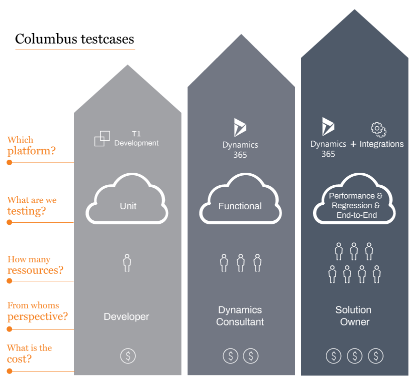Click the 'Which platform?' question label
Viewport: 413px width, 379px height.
pos(31,145)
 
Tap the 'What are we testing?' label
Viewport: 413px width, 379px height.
pos(32,205)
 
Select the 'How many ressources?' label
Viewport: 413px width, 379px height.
pos(35,265)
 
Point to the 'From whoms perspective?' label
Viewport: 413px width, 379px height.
pos(37,311)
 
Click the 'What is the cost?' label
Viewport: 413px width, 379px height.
pos(29,353)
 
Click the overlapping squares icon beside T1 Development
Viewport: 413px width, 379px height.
pos(102,138)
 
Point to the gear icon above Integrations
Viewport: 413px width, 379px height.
pos(378,129)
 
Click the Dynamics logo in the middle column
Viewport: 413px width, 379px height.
pos(240,127)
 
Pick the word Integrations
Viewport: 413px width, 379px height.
pos(381,144)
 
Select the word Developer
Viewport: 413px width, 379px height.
pos(126,316)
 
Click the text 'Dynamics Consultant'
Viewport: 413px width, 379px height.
pos(240,316)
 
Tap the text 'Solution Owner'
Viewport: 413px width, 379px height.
pos(354,316)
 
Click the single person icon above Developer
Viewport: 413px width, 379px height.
pos(127,262)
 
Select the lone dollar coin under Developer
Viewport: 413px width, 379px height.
pos(128,356)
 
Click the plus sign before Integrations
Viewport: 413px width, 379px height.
pos(353,144)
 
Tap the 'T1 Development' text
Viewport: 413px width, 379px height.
pos(136,139)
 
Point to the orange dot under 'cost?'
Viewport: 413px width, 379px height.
pos(9,371)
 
